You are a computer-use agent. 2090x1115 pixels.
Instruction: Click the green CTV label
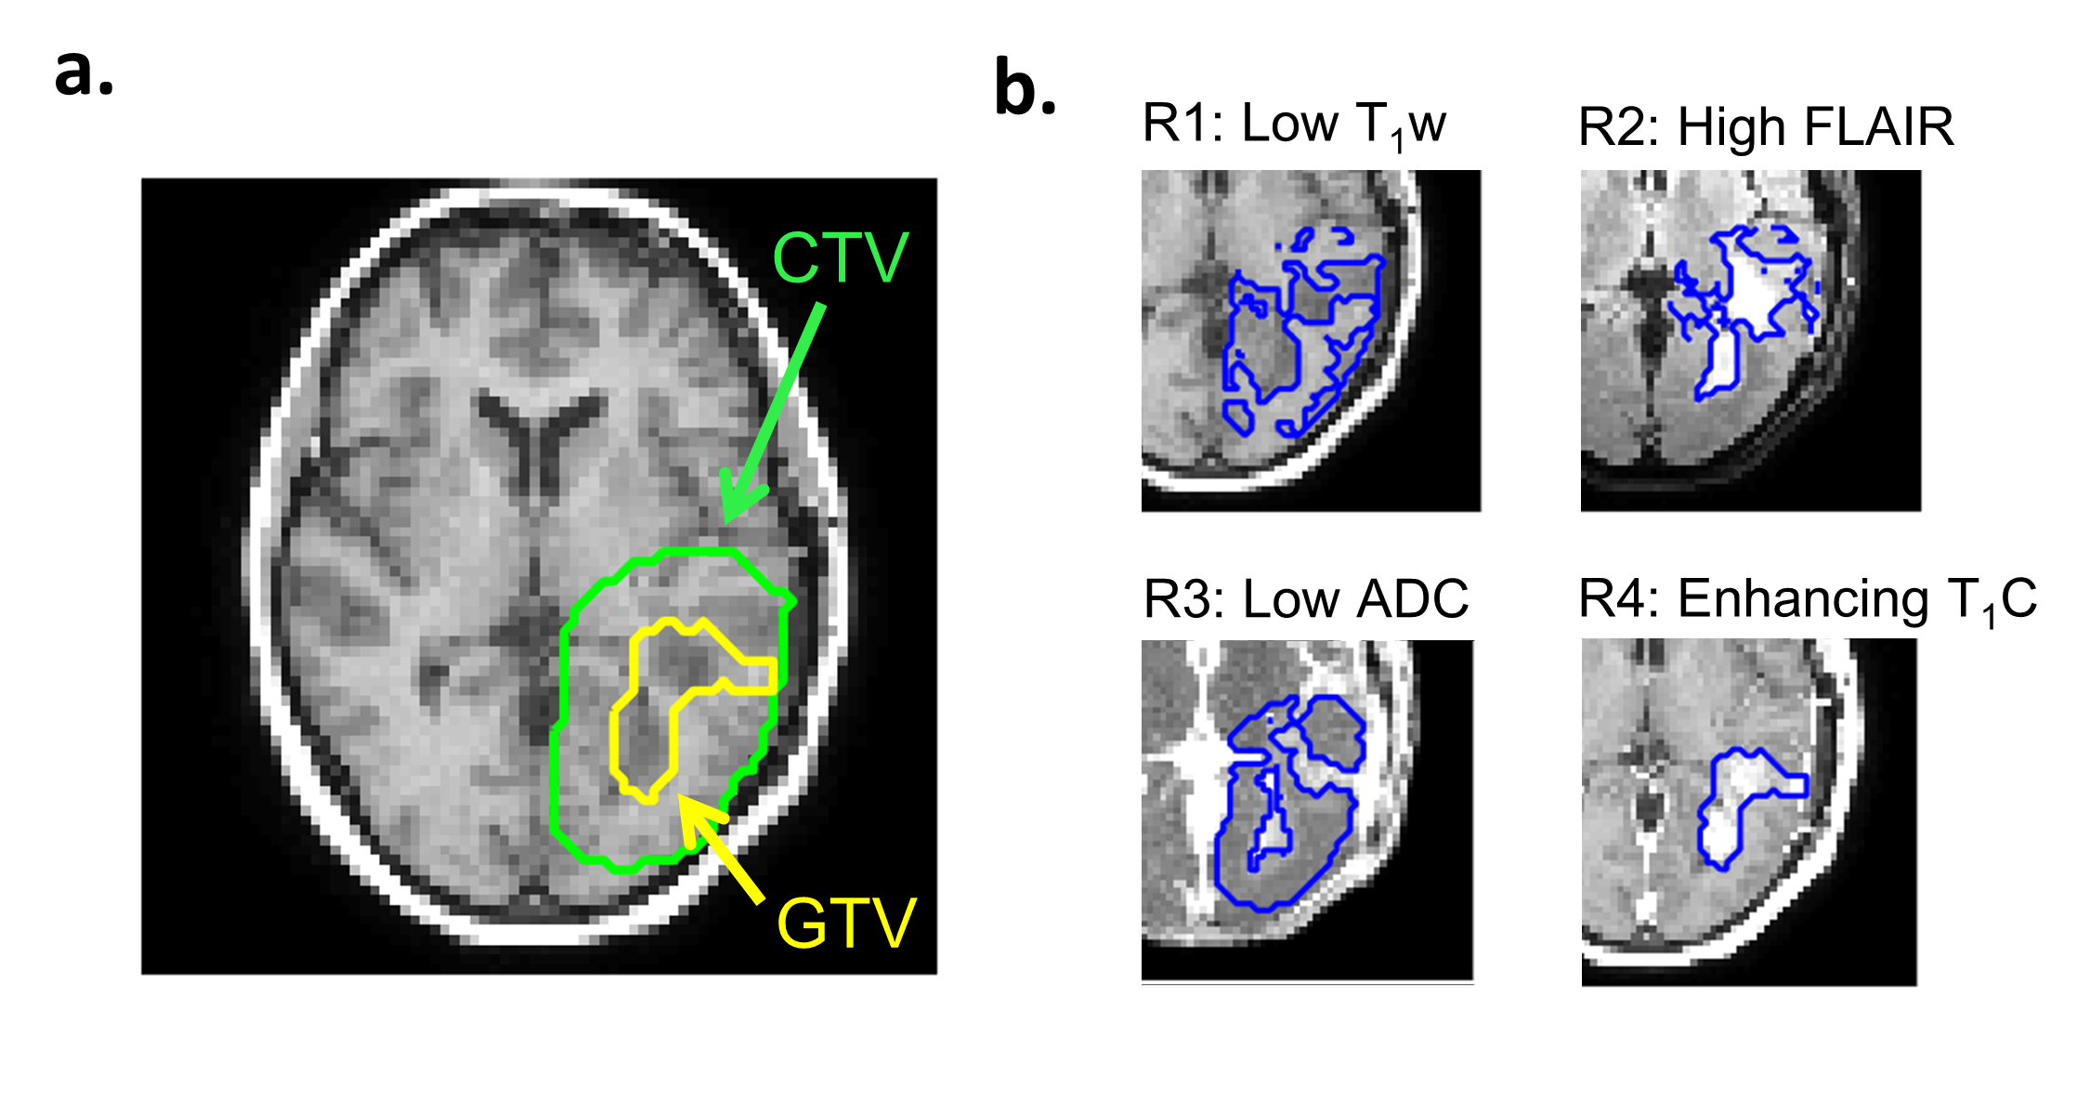(x=840, y=258)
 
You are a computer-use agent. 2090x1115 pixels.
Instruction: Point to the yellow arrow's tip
(x=682, y=797)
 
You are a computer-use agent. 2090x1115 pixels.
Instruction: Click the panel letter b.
(x=1025, y=89)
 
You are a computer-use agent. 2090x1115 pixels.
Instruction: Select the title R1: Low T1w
(x=1294, y=125)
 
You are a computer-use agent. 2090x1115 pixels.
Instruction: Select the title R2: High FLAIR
(x=1766, y=127)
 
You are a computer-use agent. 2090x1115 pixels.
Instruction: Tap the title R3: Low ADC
(x=1305, y=599)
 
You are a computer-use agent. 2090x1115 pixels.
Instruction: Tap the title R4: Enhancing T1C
(x=1807, y=599)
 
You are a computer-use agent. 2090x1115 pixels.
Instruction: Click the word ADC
(x=1412, y=599)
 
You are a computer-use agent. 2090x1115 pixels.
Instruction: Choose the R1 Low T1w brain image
(x=1311, y=340)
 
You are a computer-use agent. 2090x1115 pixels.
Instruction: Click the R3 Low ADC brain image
(x=1307, y=810)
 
